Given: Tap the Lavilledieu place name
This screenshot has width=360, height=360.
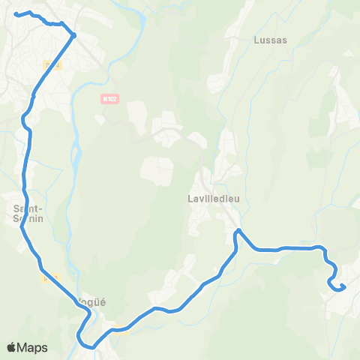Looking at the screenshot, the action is (213, 199).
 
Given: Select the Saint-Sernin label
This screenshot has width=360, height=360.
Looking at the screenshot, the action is (28, 213).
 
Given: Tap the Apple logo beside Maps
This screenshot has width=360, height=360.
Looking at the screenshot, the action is (12, 347).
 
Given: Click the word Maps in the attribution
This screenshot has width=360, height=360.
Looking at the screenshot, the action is (33, 347).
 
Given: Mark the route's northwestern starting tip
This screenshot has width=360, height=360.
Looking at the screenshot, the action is (16, 13).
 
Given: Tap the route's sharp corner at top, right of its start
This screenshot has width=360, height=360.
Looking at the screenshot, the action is (74, 34).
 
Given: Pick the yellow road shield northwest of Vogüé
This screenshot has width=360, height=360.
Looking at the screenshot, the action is (50, 279).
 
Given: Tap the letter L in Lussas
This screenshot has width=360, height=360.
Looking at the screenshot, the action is (256, 40).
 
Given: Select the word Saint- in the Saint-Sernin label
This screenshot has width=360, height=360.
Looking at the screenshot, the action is (28, 208).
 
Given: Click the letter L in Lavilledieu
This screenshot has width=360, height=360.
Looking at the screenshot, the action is (190, 199).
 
